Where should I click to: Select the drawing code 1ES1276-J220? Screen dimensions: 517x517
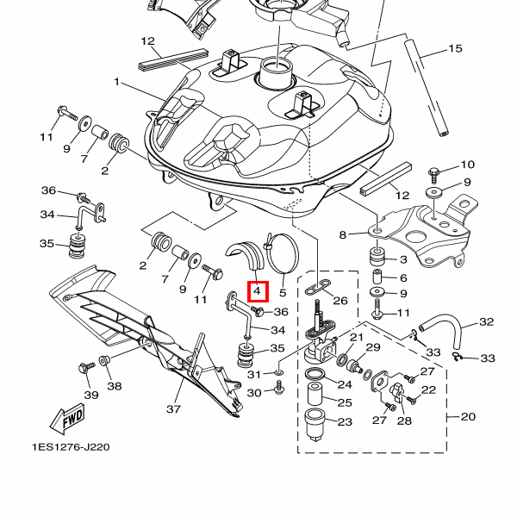72,447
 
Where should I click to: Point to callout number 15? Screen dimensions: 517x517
455,49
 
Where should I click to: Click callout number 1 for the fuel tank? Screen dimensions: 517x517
117,83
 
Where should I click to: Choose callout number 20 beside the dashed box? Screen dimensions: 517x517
468,417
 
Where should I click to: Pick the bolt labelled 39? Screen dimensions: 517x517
84,368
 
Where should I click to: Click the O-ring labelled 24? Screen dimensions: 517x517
315,374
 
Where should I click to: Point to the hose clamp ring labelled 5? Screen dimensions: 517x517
283,251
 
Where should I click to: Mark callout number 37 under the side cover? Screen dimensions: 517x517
174,408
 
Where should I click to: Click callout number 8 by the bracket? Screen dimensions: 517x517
342,234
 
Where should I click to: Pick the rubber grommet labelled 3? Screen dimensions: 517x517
377,258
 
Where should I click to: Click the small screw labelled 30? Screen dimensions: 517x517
279,392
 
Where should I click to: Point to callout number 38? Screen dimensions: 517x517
115,386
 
